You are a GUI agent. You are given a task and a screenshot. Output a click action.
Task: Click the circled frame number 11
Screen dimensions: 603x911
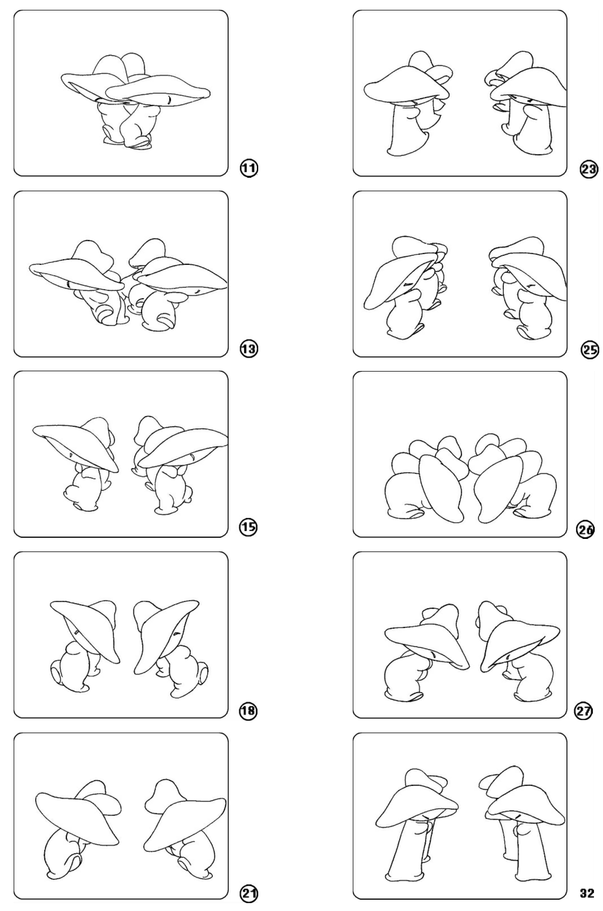[249, 168]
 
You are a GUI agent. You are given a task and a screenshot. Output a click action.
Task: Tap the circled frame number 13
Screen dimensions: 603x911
[249, 349]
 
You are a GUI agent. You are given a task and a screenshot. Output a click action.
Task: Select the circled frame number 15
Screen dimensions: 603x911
[249, 527]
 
